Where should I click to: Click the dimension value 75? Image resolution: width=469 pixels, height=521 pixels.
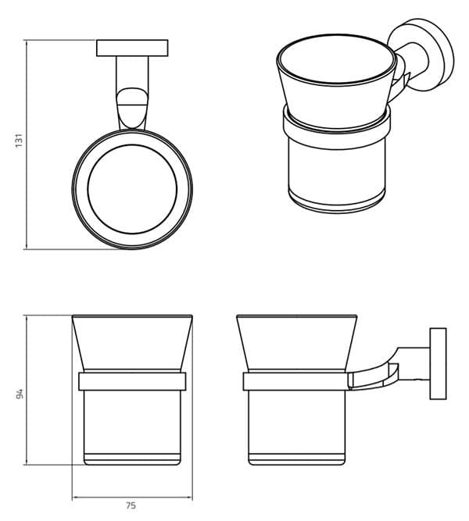pos(131,505)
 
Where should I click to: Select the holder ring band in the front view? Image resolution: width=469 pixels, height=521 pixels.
pos(131,381)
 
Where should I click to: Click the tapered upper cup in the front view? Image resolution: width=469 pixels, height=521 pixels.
pos(131,341)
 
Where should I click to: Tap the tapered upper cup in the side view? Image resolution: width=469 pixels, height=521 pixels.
pos(295,341)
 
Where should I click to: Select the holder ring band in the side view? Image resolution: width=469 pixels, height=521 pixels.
pos(295,381)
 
